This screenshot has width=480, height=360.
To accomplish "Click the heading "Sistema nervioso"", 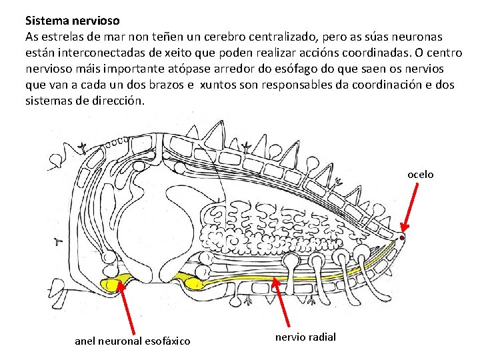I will pyautogui.click(x=73, y=21).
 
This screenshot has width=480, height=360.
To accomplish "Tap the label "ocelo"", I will pyautogui.click(x=421, y=174).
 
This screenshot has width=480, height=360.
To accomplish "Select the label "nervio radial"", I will pyautogui.click(x=306, y=337).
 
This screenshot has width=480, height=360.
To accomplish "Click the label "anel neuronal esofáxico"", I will pyautogui.click(x=132, y=341).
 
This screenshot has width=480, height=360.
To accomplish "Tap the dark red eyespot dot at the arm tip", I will pyautogui.click(x=402, y=237).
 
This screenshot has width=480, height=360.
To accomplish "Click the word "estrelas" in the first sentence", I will pyautogui.click(x=62, y=37).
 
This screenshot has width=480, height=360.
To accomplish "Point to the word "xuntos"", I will pyautogui.click(x=219, y=85).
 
